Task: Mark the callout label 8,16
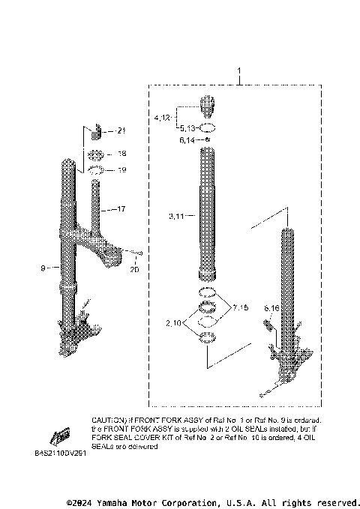(271, 308)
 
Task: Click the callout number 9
(45, 267)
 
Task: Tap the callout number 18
(121, 154)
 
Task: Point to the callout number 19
(121, 170)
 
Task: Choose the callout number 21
(121, 131)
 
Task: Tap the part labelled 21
(96, 134)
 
